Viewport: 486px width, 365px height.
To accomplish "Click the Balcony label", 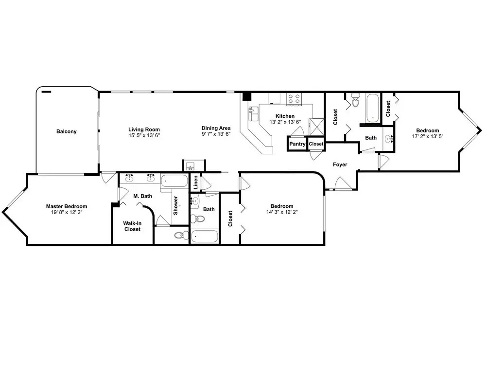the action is [x=66, y=131].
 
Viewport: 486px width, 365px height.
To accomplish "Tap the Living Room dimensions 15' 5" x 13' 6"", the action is [x=144, y=135].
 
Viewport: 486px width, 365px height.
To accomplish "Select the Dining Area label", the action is [x=216, y=128].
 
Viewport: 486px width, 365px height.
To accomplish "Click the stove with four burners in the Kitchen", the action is [x=294, y=99].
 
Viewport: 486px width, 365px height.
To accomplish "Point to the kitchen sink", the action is [x=254, y=113].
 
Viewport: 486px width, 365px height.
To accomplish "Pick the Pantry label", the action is [x=297, y=144].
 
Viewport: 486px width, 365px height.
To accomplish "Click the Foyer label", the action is [x=340, y=164].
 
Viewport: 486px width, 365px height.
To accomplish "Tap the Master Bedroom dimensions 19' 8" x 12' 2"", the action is [x=67, y=212].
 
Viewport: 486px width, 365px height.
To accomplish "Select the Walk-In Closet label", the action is [x=132, y=226].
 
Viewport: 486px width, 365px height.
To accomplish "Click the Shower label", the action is [x=175, y=205].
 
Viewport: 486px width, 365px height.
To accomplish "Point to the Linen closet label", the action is [x=195, y=182].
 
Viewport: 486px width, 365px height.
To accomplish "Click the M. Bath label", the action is [x=142, y=196].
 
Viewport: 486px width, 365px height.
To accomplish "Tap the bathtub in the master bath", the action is [x=174, y=181].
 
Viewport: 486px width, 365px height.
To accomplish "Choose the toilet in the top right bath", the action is [x=356, y=100].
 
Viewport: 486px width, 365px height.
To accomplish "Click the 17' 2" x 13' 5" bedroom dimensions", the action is [x=428, y=136].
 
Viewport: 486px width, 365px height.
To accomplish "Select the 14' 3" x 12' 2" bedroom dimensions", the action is [x=282, y=212].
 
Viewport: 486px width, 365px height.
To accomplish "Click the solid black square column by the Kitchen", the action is [x=247, y=96].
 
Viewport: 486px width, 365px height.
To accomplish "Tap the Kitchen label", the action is [x=285, y=116].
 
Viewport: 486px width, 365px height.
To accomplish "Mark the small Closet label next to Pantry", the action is [x=316, y=144].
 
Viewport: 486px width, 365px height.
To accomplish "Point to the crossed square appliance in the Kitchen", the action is [x=317, y=127].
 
